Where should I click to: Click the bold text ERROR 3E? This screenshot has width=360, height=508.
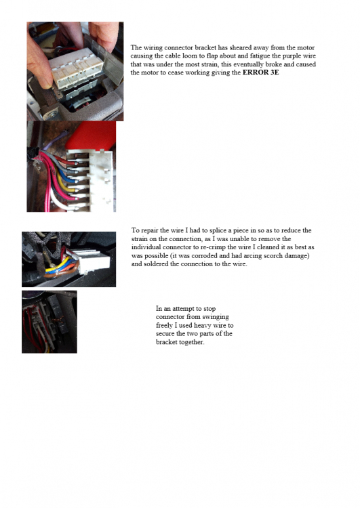point(260,72)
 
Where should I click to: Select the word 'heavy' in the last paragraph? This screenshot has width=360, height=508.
point(202,325)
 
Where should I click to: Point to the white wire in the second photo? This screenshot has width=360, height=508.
point(61,202)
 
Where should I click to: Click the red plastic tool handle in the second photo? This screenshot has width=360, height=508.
point(92,135)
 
